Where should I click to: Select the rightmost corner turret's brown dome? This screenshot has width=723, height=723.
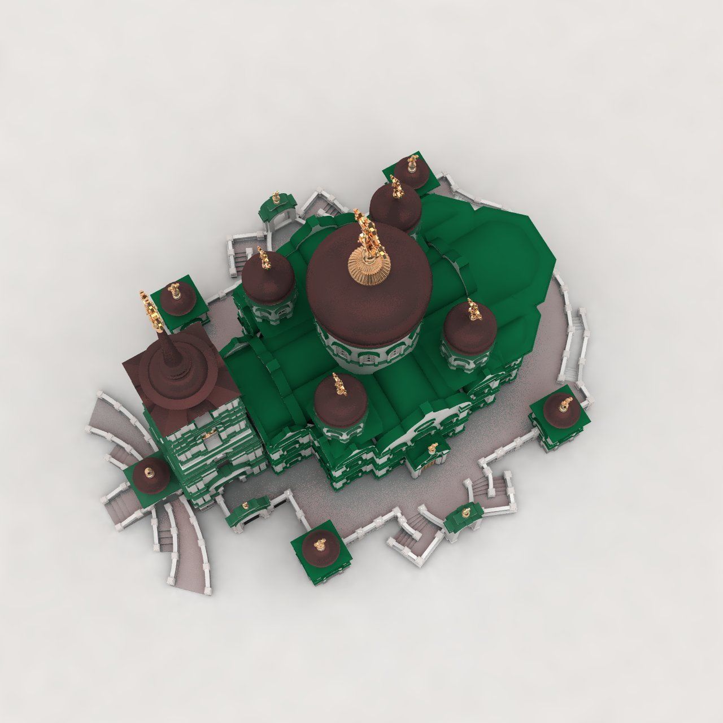click(563, 409)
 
